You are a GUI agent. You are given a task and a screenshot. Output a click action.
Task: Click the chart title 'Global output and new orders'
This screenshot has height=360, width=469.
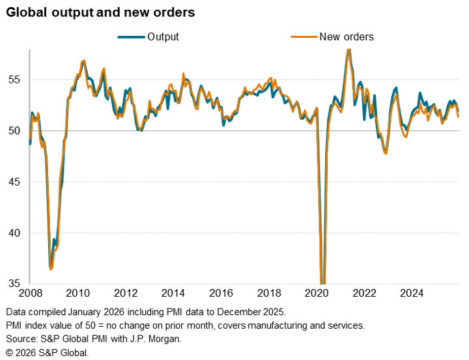coord(101,12)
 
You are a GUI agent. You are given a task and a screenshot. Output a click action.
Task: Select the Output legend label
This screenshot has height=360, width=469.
coord(163,36)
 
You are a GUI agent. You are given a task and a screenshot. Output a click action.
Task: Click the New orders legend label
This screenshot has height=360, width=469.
coord(346,36)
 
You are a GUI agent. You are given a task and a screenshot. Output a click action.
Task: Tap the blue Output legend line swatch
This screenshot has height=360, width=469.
coord(131,37)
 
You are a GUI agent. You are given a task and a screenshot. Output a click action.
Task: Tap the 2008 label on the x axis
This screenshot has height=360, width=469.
coord(30,292)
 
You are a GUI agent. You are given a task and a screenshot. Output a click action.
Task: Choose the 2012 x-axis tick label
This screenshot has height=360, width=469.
coord(126,292)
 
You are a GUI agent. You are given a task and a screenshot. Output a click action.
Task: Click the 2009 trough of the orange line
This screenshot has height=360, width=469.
coord(51,268)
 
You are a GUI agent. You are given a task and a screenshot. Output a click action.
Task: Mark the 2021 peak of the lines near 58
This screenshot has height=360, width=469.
coord(348,49)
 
